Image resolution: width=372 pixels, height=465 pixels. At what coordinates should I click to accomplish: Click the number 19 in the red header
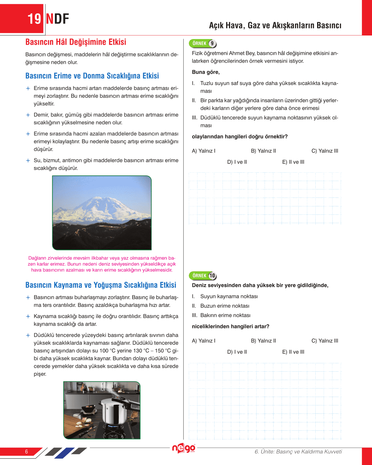click(34, 19)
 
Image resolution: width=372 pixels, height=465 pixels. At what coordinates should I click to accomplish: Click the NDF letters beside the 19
click(57, 19)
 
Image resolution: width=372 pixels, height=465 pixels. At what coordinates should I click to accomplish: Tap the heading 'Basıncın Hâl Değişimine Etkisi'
click(76, 42)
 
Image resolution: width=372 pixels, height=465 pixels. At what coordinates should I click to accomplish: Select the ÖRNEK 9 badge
click(203, 44)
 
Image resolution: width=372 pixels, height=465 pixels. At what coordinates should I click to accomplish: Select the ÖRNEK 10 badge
click(203, 276)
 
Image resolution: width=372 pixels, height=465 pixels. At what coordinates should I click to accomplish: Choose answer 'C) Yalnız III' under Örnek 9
click(325, 151)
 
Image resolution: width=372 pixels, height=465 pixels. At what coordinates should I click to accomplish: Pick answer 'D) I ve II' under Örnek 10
click(237, 352)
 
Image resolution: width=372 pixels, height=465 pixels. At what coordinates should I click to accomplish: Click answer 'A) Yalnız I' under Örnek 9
click(203, 151)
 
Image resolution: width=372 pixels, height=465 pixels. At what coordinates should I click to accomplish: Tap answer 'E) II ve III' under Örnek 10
click(293, 352)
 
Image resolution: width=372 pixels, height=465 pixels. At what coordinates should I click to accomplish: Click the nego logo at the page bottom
click(183, 448)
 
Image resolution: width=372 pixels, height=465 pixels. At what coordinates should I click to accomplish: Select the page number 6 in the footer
click(27, 452)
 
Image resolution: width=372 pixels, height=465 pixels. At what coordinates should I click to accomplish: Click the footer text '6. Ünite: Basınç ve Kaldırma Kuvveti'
click(298, 452)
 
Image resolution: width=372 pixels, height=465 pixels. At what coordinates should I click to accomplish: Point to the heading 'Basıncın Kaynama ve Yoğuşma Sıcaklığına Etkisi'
click(101, 285)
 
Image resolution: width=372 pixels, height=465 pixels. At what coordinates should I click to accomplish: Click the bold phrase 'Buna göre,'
click(206, 72)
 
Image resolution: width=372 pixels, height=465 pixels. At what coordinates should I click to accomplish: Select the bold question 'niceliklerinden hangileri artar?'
click(230, 327)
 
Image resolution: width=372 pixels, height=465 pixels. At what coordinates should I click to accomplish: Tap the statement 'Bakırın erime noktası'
click(225, 316)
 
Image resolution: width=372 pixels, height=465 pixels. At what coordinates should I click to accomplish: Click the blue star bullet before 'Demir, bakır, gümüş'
click(28, 115)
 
